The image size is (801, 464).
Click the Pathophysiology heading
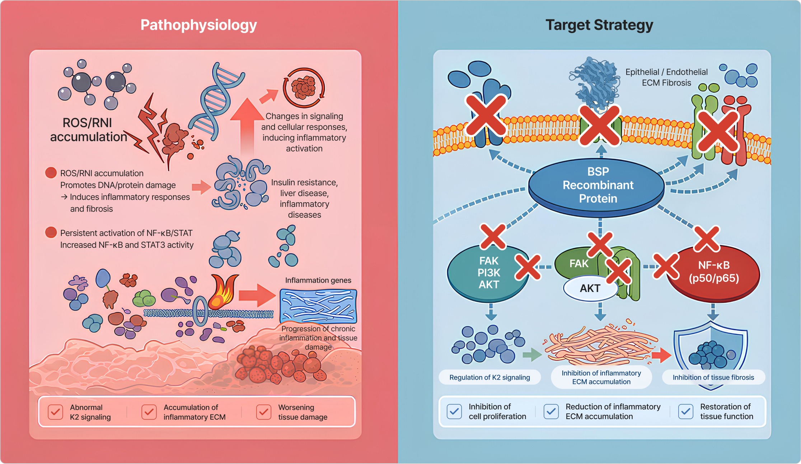pos(198,25)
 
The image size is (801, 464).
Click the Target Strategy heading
pos(599,25)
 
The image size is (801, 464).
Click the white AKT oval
pos(590,288)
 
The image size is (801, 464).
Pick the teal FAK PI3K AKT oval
pos(488,273)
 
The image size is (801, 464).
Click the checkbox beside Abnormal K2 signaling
pos(55,412)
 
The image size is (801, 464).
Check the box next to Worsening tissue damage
pos(263,412)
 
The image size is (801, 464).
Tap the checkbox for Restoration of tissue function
pos(685,412)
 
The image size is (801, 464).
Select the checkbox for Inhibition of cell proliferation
pos(454,412)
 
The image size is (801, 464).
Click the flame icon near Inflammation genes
pos(223,292)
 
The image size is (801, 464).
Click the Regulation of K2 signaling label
pos(489,377)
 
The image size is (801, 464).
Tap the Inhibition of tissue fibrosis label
pos(713,377)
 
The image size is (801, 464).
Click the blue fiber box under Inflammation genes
pos(318,306)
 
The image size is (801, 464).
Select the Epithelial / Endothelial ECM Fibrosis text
pos(666,77)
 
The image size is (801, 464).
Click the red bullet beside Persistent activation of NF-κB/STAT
pos(51,232)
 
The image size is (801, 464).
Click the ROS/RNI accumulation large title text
pos(88,130)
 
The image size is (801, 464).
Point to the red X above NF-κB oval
pos(707,239)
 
